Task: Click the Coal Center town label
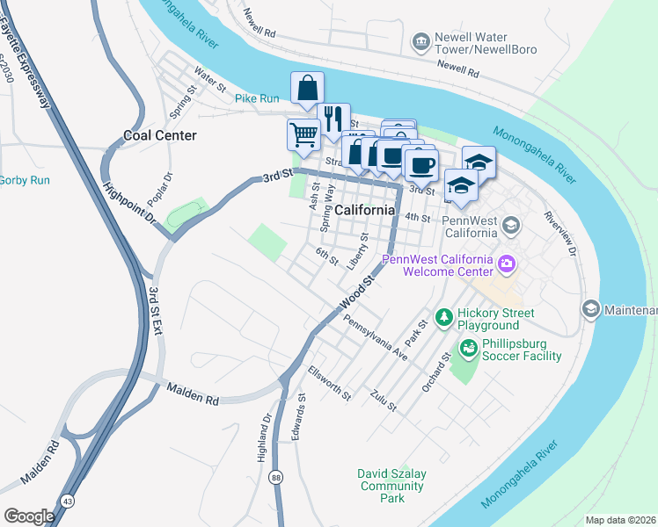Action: [x=159, y=135]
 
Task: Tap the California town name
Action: [x=364, y=210]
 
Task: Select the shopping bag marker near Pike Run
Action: [x=307, y=89]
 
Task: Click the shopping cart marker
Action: [x=303, y=135]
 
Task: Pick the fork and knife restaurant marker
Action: [x=333, y=118]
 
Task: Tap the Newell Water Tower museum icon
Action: [x=420, y=41]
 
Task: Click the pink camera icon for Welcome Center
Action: [x=506, y=263]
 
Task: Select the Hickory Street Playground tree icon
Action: [x=444, y=315]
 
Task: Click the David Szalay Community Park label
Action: [x=392, y=486]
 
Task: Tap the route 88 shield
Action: [x=277, y=477]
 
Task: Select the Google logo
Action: [x=29, y=516]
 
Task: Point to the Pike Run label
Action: [x=257, y=98]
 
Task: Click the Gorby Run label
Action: [x=24, y=180]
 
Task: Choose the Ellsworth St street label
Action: [x=329, y=384]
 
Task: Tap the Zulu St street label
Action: [x=384, y=401]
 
